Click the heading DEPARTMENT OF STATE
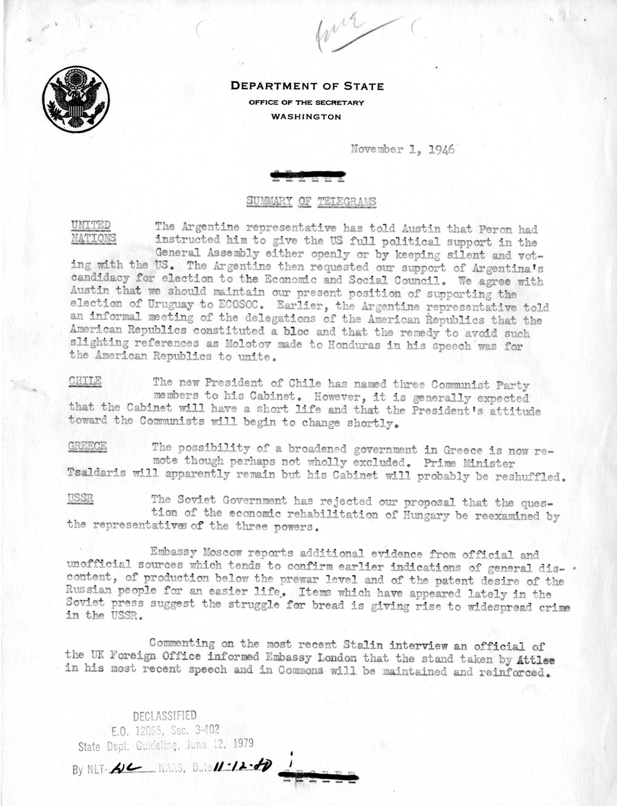(x=307, y=86)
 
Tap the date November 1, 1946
(x=402, y=149)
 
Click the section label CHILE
(x=85, y=382)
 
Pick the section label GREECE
(x=88, y=447)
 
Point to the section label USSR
(x=81, y=499)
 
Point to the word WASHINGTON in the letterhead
(x=306, y=116)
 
